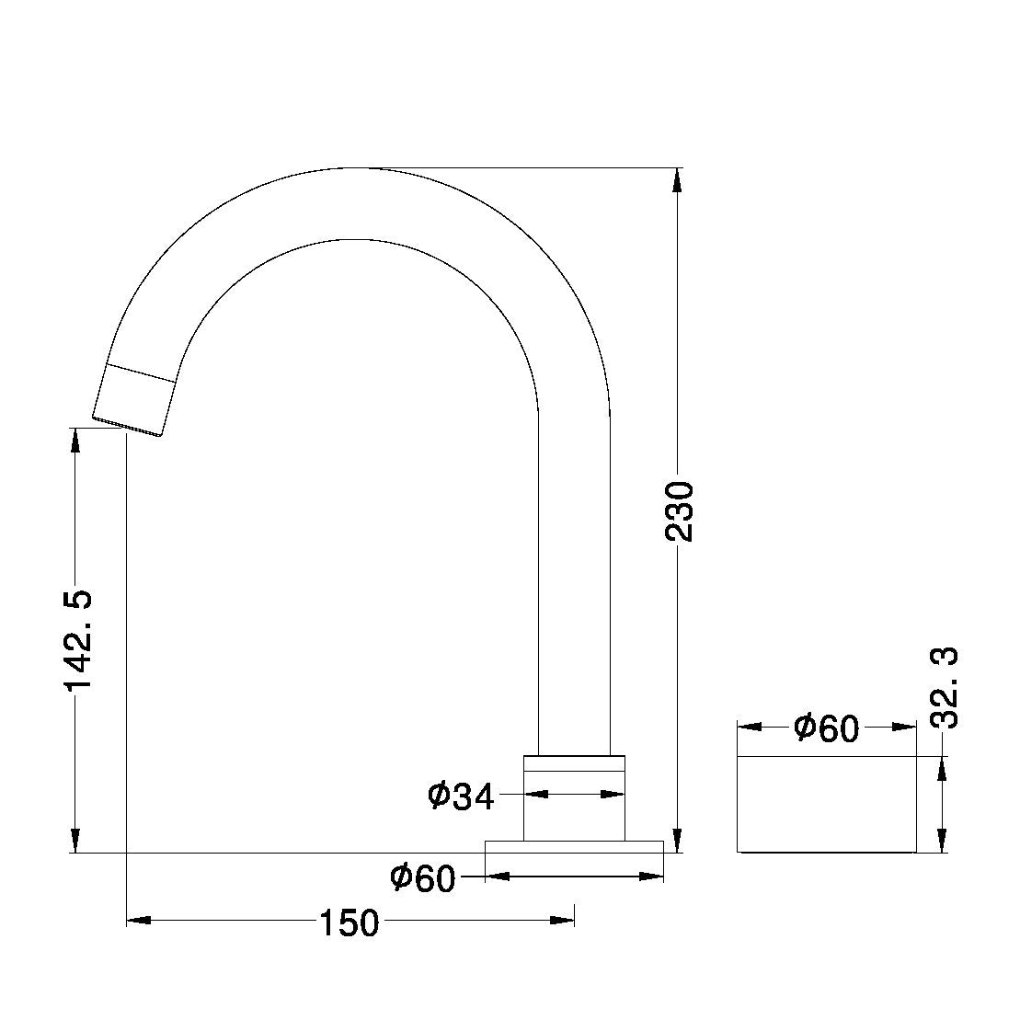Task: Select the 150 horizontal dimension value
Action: pos(349,922)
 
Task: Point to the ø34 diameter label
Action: pos(461,796)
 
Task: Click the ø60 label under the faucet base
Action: pos(423,878)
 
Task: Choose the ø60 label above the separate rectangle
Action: pos(825,728)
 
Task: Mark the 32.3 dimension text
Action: pos(944,687)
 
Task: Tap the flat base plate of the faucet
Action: pos(574,846)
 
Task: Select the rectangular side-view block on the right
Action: pos(826,804)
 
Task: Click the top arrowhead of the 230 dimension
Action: pos(678,180)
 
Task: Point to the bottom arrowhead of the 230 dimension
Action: pos(678,841)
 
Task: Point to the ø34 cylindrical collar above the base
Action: pos(574,797)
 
